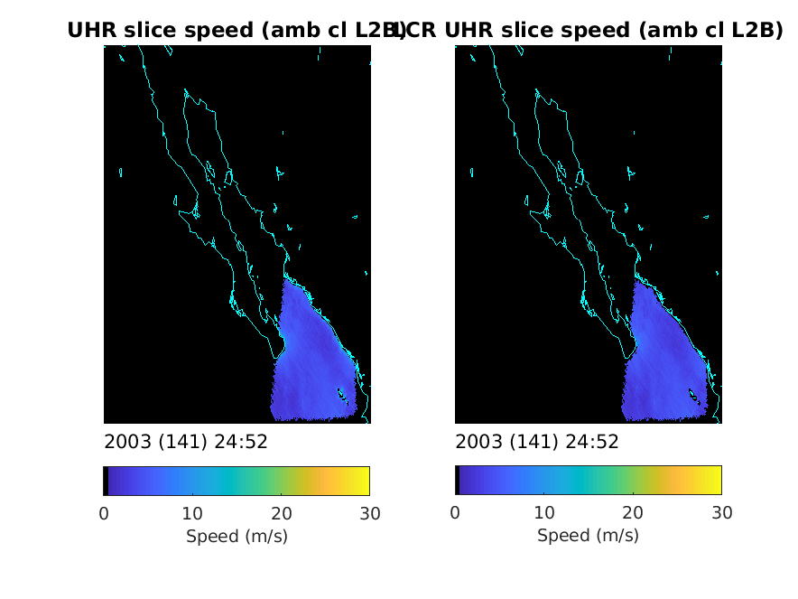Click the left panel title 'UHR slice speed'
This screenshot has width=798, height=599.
237,30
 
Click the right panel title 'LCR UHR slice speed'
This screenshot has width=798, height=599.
588,30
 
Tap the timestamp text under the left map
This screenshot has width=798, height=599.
186,442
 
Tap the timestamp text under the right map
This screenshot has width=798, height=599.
537,442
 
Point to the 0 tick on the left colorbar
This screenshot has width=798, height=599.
104,514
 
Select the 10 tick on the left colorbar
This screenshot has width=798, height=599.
192,514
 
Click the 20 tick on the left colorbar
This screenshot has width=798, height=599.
281,514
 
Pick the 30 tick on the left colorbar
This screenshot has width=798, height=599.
369,514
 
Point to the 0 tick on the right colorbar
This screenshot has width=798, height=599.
455,514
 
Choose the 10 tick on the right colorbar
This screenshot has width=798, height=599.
543,514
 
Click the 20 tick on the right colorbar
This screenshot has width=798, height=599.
632,514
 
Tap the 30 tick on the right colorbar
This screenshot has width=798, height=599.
720,514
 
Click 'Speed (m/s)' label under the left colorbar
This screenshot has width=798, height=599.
237,536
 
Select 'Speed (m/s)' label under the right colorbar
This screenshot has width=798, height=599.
588,536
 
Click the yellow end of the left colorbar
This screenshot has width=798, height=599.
363,481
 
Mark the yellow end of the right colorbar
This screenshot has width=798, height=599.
714,481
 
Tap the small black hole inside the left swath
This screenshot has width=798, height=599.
341,393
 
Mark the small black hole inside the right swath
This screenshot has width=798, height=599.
692,393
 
